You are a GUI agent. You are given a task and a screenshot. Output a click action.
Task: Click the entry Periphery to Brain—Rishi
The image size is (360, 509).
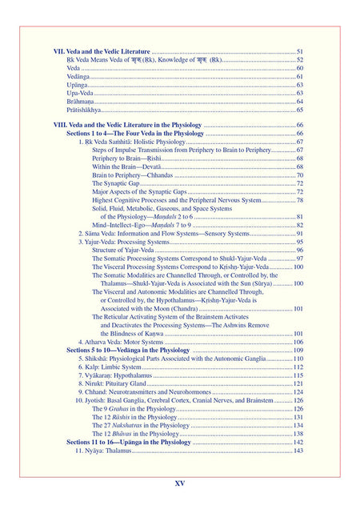coord(126,158)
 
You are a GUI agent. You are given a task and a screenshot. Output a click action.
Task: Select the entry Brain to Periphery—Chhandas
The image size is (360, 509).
coord(132,175)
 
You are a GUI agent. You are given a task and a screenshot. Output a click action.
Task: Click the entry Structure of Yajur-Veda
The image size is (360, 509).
coord(124,250)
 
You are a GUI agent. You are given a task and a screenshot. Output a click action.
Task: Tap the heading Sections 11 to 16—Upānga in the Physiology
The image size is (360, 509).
coord(129,442)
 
